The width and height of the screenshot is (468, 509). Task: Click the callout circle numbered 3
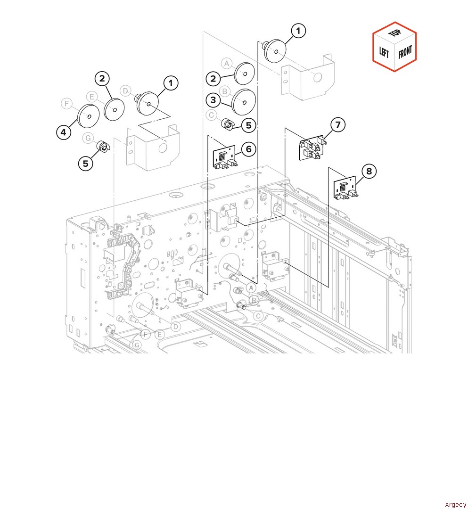(213, 100)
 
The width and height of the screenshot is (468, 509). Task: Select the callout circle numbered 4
(64, 132)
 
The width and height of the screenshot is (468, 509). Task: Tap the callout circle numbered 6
(248, 149)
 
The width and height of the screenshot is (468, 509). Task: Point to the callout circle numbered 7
(338, 124)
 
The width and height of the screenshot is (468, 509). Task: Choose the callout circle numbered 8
(369, 171)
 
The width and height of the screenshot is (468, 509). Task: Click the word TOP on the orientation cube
(395, 33)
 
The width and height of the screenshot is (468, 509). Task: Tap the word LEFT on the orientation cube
(384, 52)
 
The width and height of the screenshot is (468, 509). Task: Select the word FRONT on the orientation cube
(405, 52)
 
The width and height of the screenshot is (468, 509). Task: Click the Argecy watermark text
(455, 504)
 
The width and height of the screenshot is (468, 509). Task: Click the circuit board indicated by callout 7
(311, 148)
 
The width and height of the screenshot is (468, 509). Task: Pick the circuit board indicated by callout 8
(345, 188)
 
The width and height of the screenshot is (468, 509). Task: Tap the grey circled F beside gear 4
(67, 104)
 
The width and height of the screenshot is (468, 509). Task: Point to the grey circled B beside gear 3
(225, 91)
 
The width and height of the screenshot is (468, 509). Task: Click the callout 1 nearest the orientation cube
(298, 31)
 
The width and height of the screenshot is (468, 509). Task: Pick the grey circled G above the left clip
(88, 138)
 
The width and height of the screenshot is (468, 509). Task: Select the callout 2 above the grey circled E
(102, 79)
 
